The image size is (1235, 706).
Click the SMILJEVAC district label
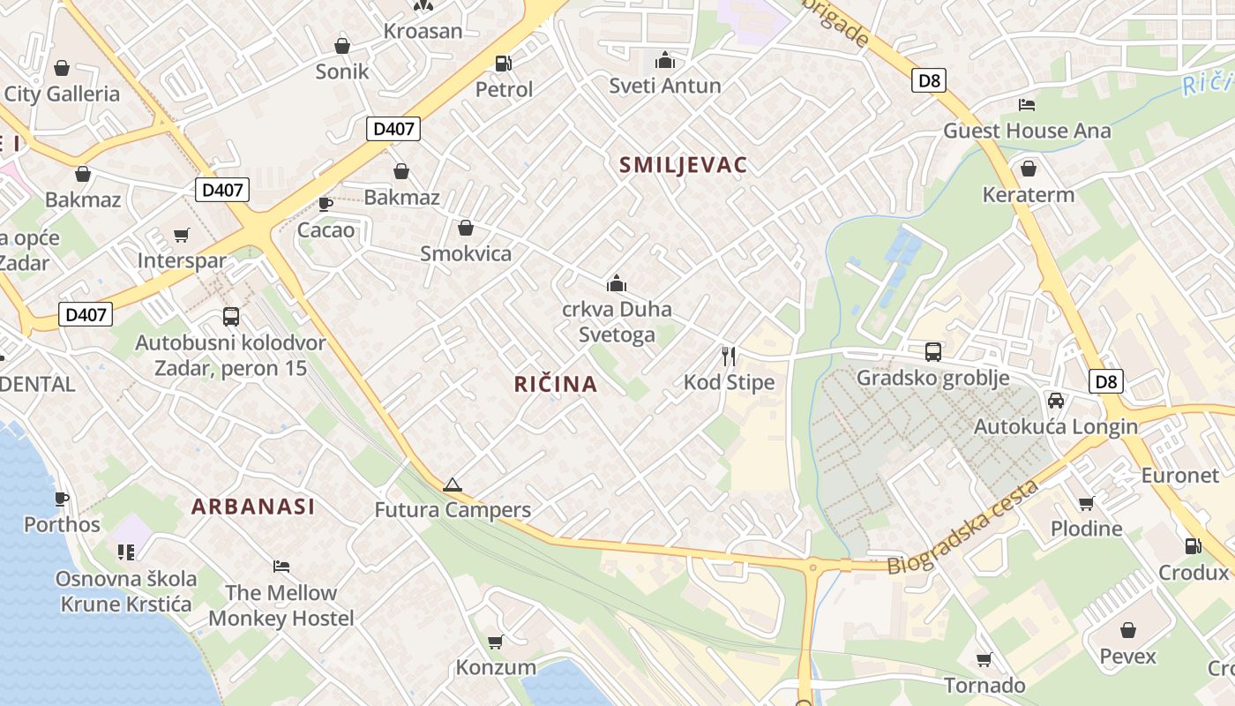pyautogui.click(x=684, y=165)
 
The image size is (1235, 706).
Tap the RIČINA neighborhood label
pyautogui.click(x=556, y=384)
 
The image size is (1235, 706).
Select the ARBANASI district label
pyautogui.click(x=253, y=507)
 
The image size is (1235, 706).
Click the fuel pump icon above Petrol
pyautogui.click(x=503, y=63)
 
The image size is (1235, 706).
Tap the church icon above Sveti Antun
pyautogui.click(x=665, y=60)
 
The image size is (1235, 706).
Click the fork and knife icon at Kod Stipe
pyautogui.click(x=729, y=356)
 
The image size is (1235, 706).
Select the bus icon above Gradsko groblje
pyautogui.click(x=933, y=351)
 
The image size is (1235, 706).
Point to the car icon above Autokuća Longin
pyautogui.click(x=1056, y=400)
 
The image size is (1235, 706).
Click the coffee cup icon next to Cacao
pyautogui.click(x=326, y=204)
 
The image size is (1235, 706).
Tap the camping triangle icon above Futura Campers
pyautogui.click(x=453, y=484)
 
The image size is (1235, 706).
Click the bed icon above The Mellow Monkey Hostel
pyautogui.click(x=281, y=566)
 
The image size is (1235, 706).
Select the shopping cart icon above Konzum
pyautogui.click(x=496, y=642)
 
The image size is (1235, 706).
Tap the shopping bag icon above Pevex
pyautogui.click(x=1127, y=630)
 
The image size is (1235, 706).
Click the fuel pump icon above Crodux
pyautogui.click(x=1193, y=545)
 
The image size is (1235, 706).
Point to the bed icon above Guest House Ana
pyautogui.click(x=1027, y=104)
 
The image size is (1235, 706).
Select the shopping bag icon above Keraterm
pyautogui.click(x=1029, y=169)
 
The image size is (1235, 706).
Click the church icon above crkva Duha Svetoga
pyautogui.click(x=617, y=283)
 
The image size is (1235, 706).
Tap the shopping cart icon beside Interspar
pyautogui.click(x=182, y=235)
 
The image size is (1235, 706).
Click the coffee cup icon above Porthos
pyautogui.click(x=62, y=499)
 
